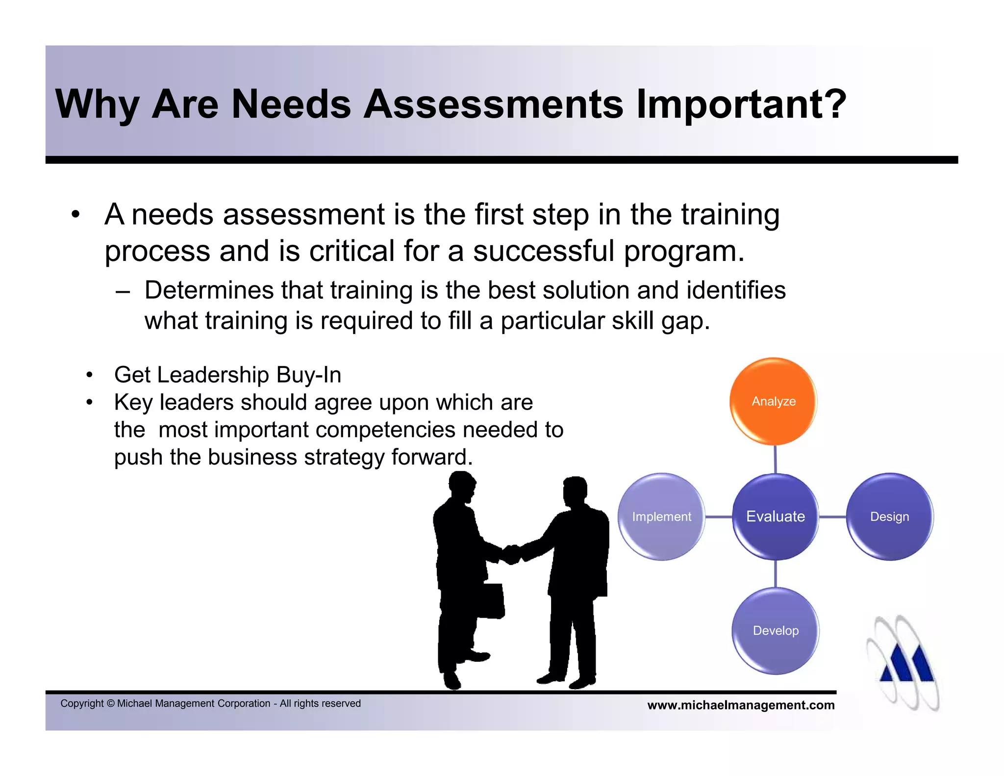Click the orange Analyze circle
point(774,401)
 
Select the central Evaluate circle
point(775,516)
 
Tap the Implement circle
point(661,517)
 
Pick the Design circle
point(889,517)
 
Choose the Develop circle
point(776,630)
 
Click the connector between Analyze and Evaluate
point(775,459)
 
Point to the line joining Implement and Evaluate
point(719,517)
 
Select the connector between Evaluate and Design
point(832,517)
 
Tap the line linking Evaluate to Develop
point(776,573)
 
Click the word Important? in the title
point(741,104)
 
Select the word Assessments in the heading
point(493,104)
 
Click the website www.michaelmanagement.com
point(741,705)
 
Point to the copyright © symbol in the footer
point(110,703)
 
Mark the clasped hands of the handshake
point(511,554)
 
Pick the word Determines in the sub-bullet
point(209,290)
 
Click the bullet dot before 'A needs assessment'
point(75,215)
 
